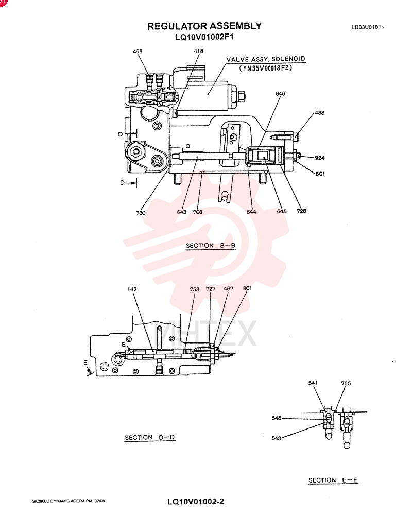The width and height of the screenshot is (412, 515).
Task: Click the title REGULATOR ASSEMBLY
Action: [x=204, y=26]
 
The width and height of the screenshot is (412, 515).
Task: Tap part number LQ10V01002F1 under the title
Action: [x=204, y=37]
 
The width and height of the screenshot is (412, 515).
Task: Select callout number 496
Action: [x=138, y=51]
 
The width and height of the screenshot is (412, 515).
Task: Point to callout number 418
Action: [x=198, y=51]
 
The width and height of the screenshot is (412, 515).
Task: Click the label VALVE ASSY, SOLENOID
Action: [x=265, y=59]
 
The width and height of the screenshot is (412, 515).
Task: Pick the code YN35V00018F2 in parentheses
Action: [x=265, y=68]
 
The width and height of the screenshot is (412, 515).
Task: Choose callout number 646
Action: [x=280, y=94]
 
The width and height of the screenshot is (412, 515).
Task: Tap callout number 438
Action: [x=319, y=113]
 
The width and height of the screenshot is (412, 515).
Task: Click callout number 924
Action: [x=320, y=158]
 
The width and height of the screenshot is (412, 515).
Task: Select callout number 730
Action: [x=141, y=213]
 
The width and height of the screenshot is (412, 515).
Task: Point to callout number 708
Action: [x=197, y=212]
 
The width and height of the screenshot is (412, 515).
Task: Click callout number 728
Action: [x=301, y=211]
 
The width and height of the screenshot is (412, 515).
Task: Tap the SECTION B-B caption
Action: [x=211, y=245]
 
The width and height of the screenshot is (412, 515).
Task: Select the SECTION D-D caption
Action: [x=150, y=437]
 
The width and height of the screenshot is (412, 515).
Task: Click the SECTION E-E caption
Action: [x=333, y=480]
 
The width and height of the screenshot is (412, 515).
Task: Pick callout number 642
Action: [x=132, y=289]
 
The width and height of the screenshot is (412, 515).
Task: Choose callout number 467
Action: [x=228, y=289]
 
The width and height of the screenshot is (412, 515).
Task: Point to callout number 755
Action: [x=346, y=383]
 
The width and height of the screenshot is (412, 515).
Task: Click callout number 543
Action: [x=277, y=438]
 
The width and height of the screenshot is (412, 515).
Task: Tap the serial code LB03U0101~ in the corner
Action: [x=368, y=27]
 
